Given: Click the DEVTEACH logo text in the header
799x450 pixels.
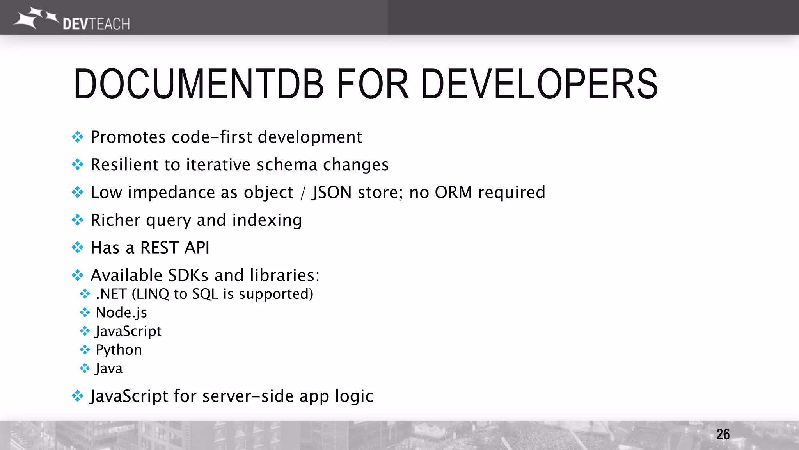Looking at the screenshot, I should coord(96,24).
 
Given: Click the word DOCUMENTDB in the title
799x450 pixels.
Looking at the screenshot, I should coord(198,84).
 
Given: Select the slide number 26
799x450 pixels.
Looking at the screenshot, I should coord(723,434).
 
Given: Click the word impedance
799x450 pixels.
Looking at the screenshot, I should coord(171,193).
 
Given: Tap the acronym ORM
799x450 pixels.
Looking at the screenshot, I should coord(453,193).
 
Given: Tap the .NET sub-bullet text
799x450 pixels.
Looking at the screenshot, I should coord(111,294).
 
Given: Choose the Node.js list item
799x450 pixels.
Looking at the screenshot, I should coord(121,312).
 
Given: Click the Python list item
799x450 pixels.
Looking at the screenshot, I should coord(119,350).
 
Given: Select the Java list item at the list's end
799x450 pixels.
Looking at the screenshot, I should coord(109,368).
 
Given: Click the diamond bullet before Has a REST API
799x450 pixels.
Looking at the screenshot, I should coord(78,248).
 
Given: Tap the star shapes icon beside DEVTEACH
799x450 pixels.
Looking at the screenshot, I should coord(36,17).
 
